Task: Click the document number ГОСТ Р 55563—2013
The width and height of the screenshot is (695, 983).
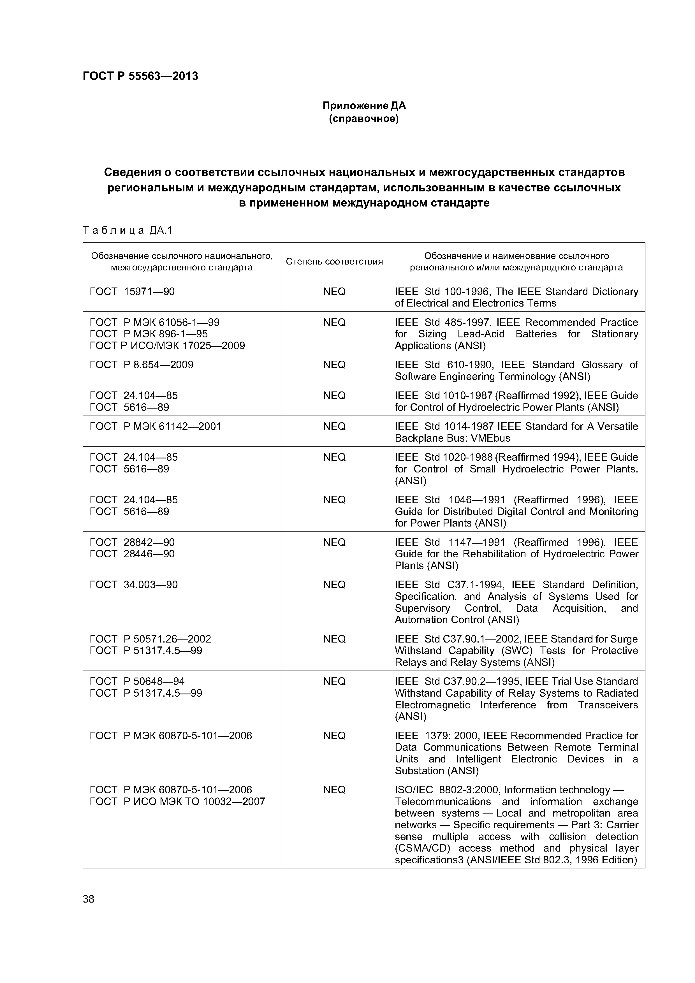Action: point(140,76)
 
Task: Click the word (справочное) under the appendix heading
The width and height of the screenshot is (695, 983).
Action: point(363,118)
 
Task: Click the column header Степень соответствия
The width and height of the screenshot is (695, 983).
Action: point(334,262)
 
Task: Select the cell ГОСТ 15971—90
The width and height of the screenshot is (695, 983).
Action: point(132,291)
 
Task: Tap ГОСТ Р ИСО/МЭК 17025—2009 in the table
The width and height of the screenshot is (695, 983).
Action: point(167,346)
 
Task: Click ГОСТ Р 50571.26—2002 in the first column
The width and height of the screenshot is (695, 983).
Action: point(150,639)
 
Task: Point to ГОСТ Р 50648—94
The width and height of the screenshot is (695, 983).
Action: point(137,681)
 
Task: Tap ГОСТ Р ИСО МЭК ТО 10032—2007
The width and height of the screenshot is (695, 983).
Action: point(177,801)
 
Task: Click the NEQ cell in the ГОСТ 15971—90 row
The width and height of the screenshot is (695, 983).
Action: point(334,291)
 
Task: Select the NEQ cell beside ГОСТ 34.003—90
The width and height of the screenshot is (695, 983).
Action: point(334,585)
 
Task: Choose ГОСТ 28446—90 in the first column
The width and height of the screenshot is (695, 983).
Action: point(132,554)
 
